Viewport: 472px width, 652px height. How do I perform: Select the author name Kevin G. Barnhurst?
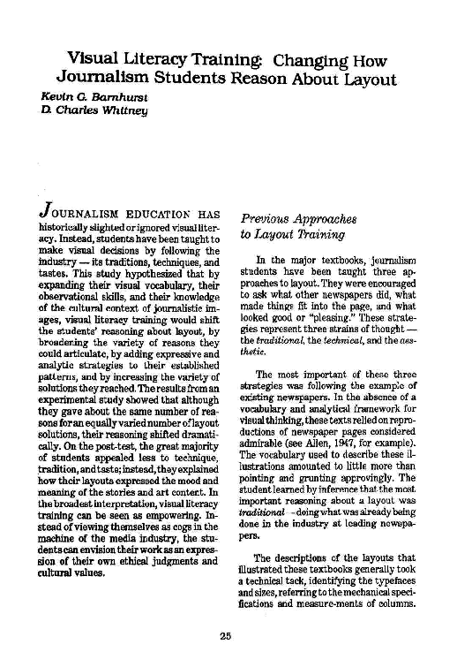coord(84,93)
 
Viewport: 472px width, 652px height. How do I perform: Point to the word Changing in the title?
coord(312,62)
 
